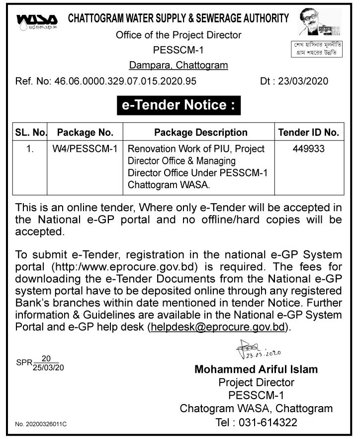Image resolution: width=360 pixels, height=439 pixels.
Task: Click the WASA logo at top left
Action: (x=36, y=22)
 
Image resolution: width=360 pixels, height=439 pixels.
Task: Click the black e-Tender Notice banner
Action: (x=179, y=106)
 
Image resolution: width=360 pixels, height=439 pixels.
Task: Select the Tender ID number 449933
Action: (x=308, y=149)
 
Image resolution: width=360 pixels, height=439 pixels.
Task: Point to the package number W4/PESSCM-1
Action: (x=85, y=149)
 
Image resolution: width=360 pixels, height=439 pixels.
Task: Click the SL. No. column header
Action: (x=31, y=132)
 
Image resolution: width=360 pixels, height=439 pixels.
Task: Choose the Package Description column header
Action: (x=200, y=132)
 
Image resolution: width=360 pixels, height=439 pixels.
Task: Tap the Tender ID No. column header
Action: (x=308, y=132)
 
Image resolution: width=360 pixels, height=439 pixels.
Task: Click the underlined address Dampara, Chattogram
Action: (x=179, y=65)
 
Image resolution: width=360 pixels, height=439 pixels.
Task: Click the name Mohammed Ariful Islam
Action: (x=256, y=369)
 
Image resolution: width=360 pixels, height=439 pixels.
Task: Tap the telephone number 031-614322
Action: (x=270, y=423)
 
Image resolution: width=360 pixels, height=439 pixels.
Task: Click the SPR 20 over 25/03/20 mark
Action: (x=40, y=364)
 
